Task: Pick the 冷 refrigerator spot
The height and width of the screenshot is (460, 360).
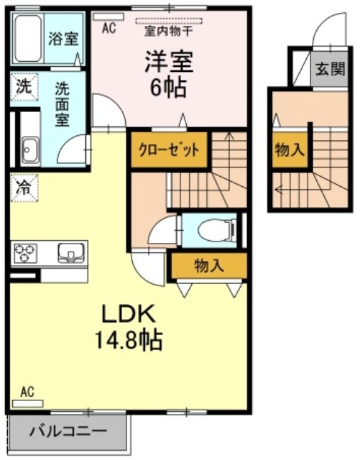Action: (24, 190)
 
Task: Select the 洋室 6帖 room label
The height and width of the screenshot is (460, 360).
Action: (168, 75)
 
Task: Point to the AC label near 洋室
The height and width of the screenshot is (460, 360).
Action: (109, 28)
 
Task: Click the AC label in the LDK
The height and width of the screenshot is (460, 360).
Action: (27, 392)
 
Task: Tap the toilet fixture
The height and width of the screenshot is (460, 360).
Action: (216, 231)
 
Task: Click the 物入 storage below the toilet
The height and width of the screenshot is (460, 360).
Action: (208, 265)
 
